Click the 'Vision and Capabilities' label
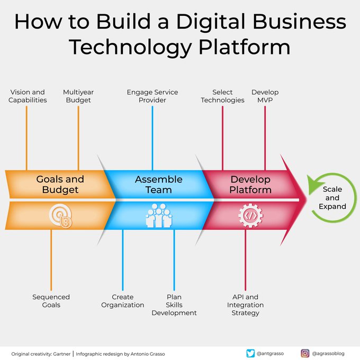coord(28,96)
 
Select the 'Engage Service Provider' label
coord(152,96)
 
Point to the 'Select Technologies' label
coord(223,96)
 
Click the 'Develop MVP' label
coord(265,96)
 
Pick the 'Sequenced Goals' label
coord(51,301)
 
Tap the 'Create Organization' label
coord(123,301)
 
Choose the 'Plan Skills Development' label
coord(174,305)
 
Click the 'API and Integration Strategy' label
coord(245,305)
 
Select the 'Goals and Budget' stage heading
coord(60,184)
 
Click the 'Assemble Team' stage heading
coord(158,184)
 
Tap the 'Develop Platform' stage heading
coord(250,184)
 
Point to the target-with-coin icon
coord(61,215)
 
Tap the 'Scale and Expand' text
coord(332,198)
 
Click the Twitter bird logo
coord(251,353)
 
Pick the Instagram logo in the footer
coord(305,353)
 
